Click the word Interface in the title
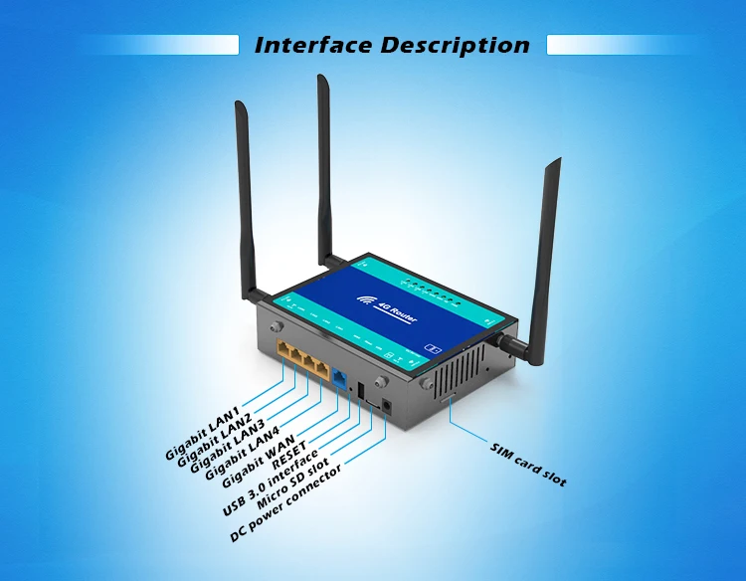coord(314,45)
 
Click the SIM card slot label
coord(528,465)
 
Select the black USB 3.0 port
coord(360,391)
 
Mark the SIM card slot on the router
coord(449,397)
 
